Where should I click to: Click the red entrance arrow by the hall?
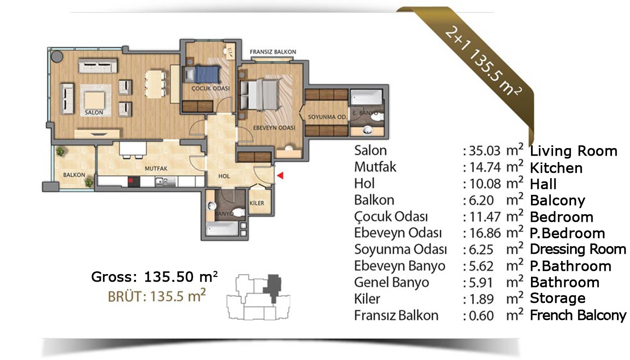[280, 175]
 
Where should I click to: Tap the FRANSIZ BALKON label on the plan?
[273, 52]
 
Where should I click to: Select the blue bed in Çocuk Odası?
[207, 74]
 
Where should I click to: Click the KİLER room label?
[257, 203]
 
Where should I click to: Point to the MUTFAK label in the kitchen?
[156, 168]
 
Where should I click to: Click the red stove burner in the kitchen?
[134, 182]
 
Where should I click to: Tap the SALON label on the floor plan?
[94, 112]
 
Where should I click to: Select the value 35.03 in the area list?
[485, 151]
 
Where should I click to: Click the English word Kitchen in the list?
[556, 168]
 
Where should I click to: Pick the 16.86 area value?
[485, 233]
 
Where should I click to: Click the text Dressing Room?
[578, 249]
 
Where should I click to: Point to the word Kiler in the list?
[367, 299]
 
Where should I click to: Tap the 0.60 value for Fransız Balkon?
[481, 315]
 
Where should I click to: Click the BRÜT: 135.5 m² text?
[157, 296]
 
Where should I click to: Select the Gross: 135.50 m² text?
[154, 277]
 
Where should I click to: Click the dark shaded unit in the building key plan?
[272, 287]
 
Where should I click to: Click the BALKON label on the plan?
[74, 175]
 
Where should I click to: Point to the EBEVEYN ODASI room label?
[274, 128]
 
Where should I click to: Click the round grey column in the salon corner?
[57, 57]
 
